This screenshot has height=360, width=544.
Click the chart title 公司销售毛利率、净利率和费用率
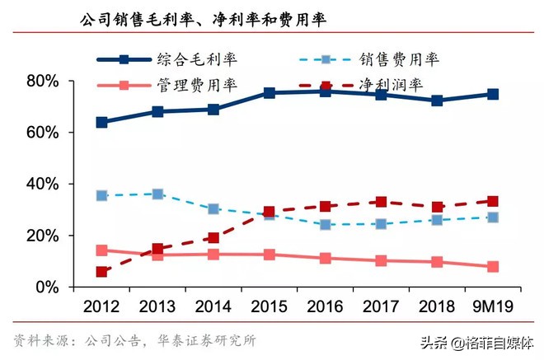pyautogui.click(x=202, y=18)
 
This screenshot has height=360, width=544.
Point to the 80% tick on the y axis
pyautogui.click(x=42, y=81)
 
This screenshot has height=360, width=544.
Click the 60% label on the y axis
pyautogui.click(x=42, y=133)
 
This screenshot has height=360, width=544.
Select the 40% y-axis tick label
pyautogui.click(x=42, y=184)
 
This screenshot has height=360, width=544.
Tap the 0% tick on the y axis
pyautogui.click(x=47, y=288)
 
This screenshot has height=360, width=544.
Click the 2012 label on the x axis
pyautogui.click(x=101, y=307)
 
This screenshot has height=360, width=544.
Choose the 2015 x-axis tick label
pyautogui.click(x=269, y=307)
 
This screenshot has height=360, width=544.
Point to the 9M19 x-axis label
pyautogui.click(x=491, y=307)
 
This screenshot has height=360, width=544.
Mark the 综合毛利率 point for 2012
pyautogui.click(x=101, y=122)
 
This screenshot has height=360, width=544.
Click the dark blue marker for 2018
pyautogui.click(x=437, y=101)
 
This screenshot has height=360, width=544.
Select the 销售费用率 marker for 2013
pyautogui.click(x=157, y=194)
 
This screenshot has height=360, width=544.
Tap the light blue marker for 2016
pyautogui.click(x=325, y=224)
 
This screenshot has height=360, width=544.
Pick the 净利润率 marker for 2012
pyautogui.click(x=101, y=272)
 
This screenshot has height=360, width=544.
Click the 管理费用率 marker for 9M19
pyautogui.click(x=493, y=267)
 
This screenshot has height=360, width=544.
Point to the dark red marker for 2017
pyautogui.click(x=381, y=202)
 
